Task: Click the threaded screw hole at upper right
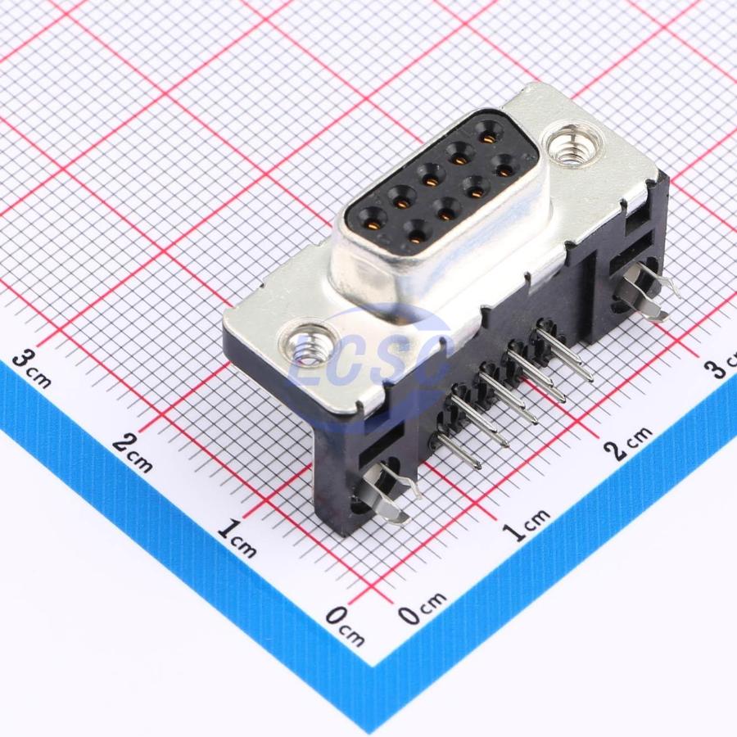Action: pyautogui.click(x=576, y=145)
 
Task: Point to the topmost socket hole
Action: pyautogui.click(x=491, y=131)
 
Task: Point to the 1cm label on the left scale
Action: pyautogui.click(x=238, y=540)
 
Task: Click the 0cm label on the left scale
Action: pyautogui.click(x=343, y=626)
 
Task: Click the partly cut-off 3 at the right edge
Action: pyautogui.click(x=721, y=366)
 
